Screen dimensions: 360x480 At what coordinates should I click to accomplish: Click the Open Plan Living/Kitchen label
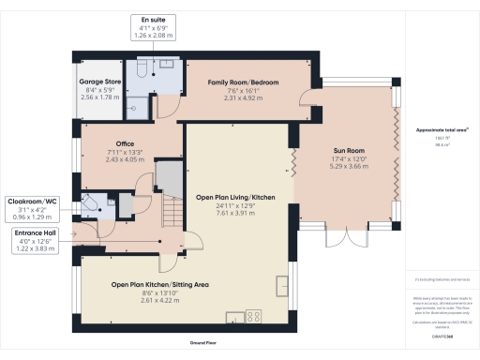[x=235, y=198]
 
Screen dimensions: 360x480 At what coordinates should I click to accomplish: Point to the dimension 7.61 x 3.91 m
[x=235, y=214]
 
